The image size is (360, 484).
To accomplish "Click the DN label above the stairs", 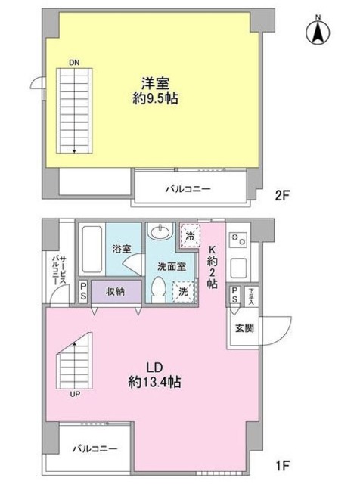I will (x=73, y=62).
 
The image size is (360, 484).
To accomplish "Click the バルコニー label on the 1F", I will (x=95, y=448).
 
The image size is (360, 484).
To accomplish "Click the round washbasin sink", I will (x=160, y=231).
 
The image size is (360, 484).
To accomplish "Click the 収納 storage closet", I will (x=116, y=291).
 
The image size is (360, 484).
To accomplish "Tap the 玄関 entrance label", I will (x=244, y=327).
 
